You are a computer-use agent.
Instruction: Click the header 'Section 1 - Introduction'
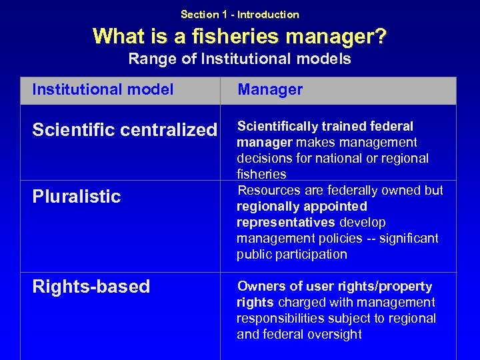239,14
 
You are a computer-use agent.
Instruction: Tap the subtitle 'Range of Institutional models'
239,59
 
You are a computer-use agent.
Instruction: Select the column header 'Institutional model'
103,89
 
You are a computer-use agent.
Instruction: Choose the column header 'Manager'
270,89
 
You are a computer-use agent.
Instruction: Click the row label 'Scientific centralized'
125,129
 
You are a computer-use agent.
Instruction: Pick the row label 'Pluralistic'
77,196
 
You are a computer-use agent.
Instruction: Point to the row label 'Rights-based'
91,287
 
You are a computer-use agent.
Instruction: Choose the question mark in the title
379,36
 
